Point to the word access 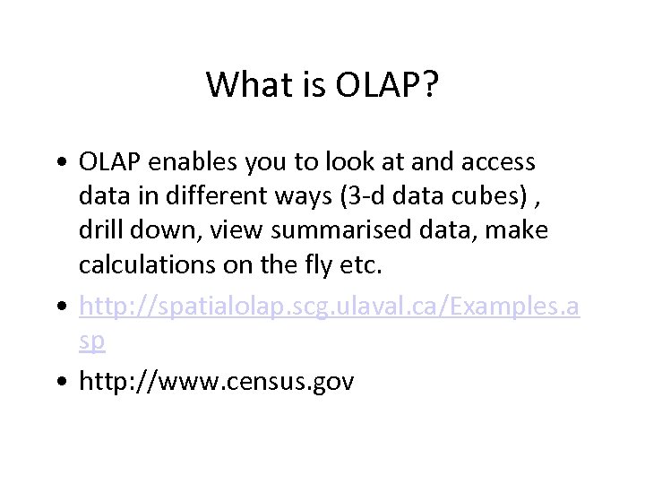pyautogui.click(x=496, y=162)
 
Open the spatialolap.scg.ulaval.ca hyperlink pyautogui.click(x=329, y=308)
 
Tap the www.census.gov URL pyautogui.click(x=217, y=382)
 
